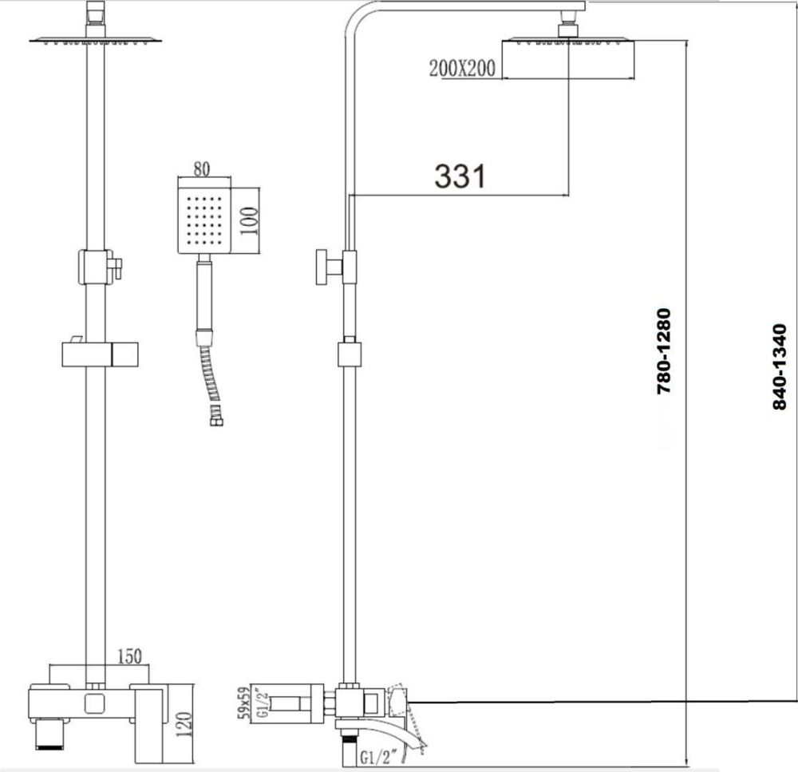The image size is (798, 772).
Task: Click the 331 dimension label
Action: [460, 176]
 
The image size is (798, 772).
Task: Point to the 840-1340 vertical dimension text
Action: [780, 366]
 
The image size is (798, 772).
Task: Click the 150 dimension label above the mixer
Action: [130, 656]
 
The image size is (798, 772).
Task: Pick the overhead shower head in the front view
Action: [95, 39]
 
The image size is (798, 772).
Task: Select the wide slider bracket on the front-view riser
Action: [100, 353]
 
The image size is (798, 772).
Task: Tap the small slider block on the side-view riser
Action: [350, 353]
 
